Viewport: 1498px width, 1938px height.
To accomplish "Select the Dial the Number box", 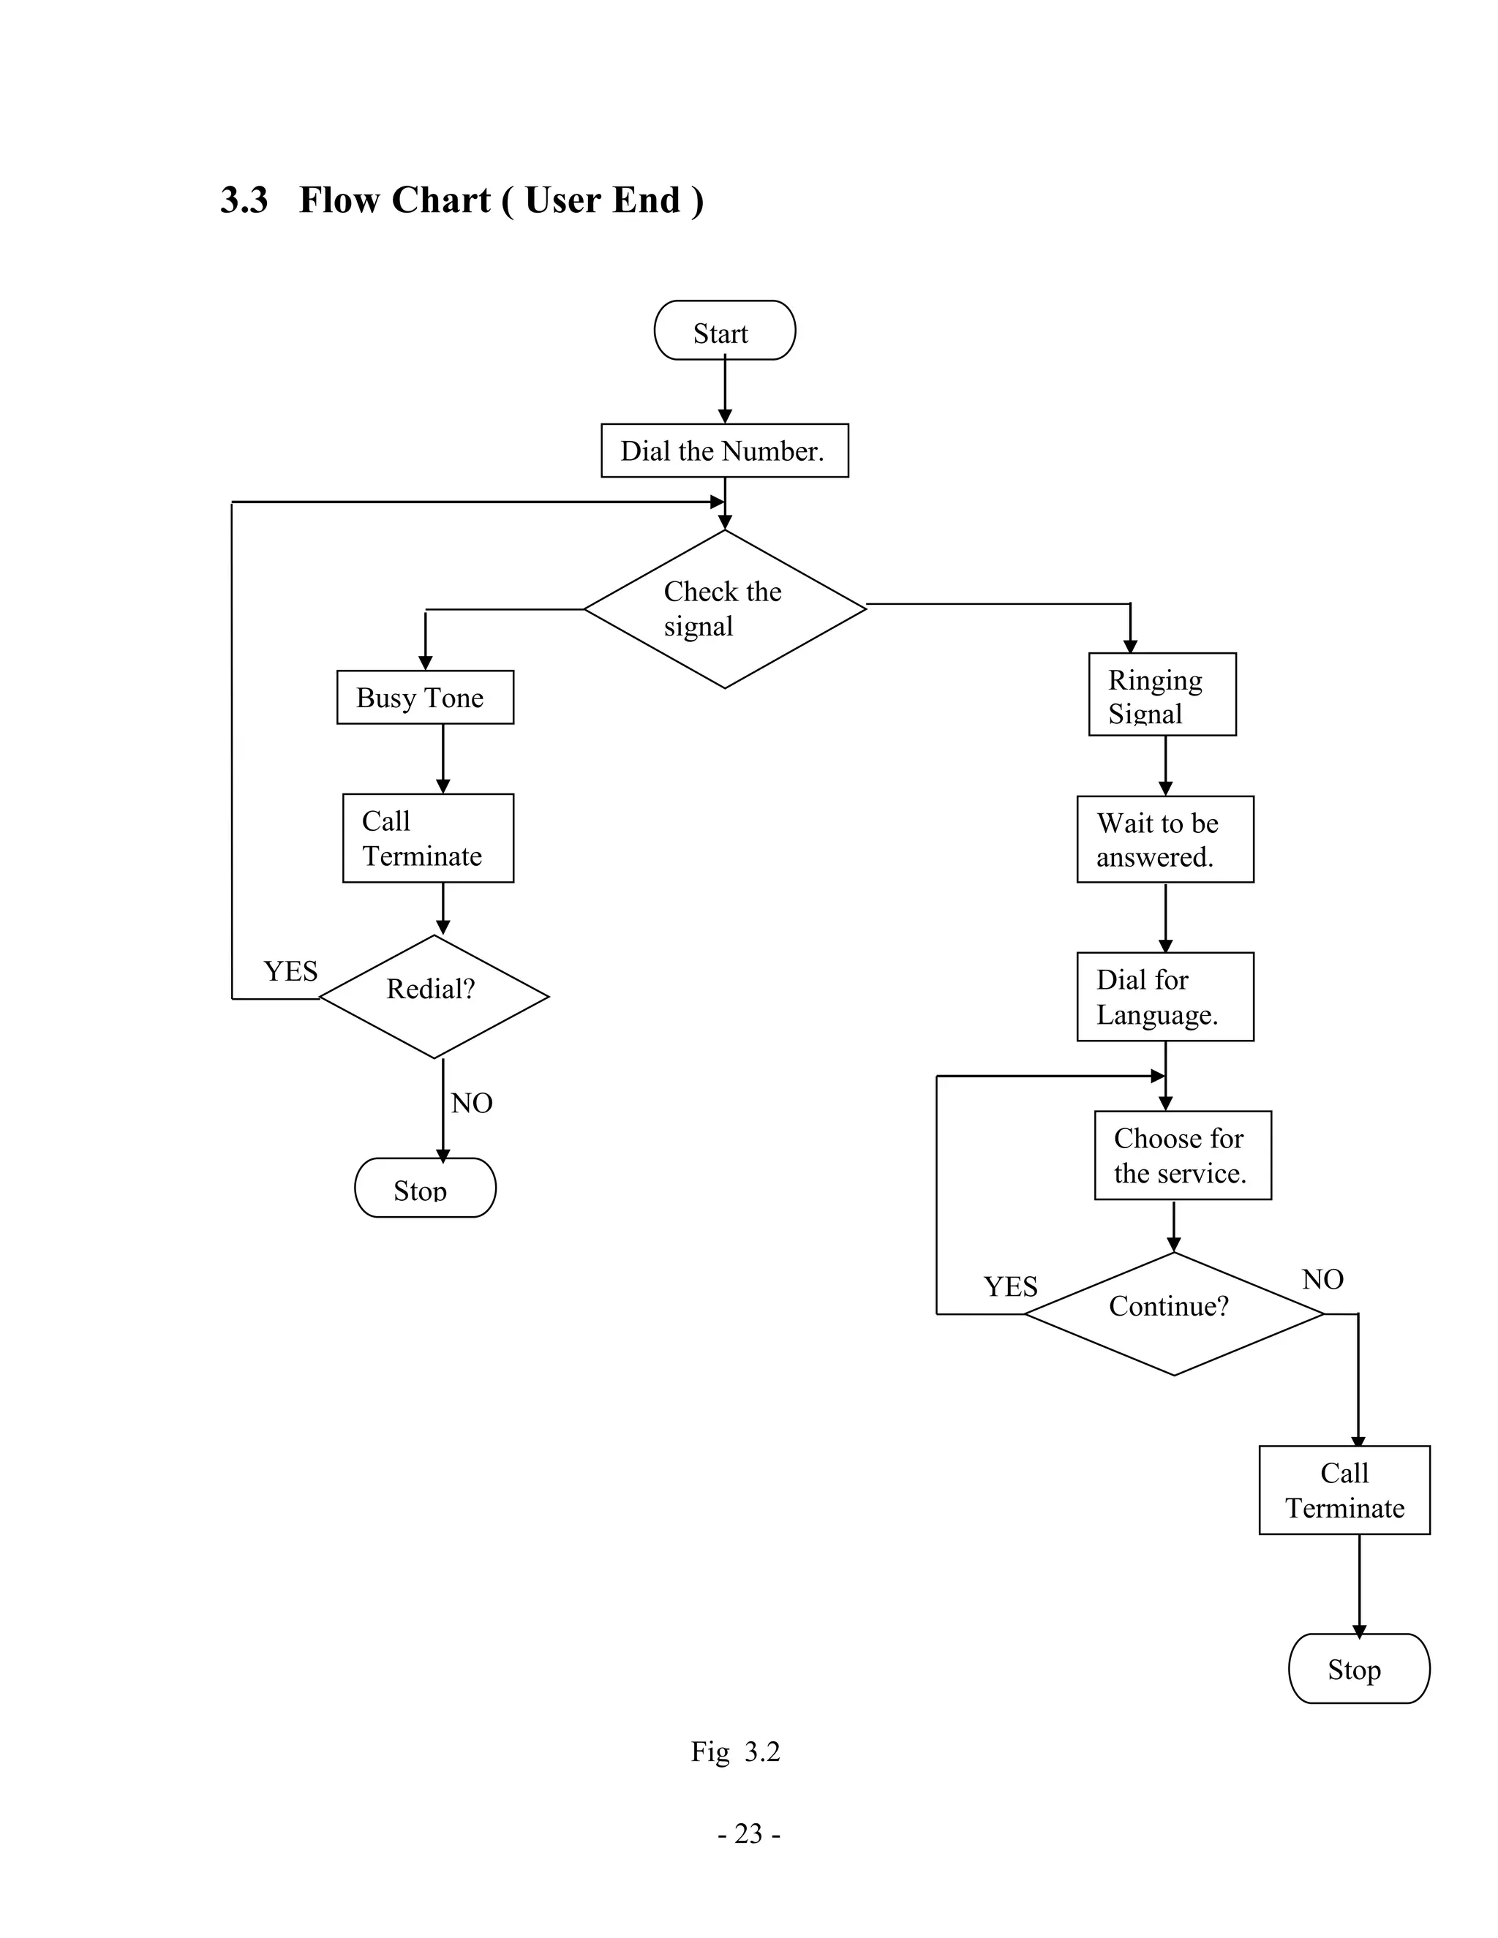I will tap(724, 450).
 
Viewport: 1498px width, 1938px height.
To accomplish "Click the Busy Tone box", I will tap(425, 698).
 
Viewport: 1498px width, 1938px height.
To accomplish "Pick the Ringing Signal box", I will tap(1162, 695).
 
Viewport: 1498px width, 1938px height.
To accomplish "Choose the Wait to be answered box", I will tap(1164, 840).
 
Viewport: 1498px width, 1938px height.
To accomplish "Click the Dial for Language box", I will tap(1164, 997).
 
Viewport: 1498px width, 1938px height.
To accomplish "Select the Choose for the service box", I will tap(1182, 1155).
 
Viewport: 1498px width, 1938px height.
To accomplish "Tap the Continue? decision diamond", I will tap(1173, 1313).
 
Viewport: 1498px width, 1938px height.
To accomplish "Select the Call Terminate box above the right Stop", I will tap(1344, 1490).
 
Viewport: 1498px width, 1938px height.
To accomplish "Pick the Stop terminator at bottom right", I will tap(1358, 1668).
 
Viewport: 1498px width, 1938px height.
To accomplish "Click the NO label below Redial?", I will tap(471, 1103).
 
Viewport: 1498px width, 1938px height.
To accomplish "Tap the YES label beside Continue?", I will tap(1010, 1286).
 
